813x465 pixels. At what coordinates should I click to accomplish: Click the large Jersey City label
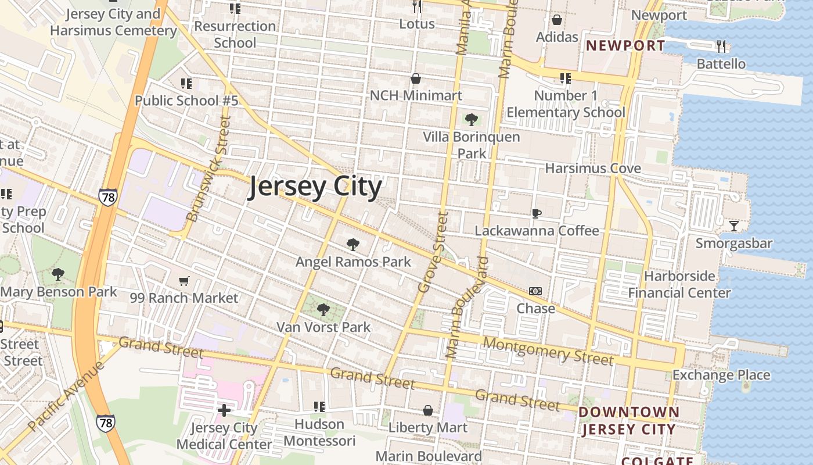point(315,187)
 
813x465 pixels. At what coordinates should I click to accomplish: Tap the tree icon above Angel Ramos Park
point(352,244)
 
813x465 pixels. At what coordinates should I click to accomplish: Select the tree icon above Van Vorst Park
point(323,309)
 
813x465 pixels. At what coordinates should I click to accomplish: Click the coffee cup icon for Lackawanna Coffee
point(537,213)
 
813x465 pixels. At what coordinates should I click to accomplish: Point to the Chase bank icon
point(535,291)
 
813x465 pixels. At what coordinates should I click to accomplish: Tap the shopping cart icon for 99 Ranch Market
point(184,281)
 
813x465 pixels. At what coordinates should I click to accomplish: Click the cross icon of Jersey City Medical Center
point(224,410)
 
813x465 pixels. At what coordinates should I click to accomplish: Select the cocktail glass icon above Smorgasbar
point(734,226)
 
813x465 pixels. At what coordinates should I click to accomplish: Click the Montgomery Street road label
point(548,351)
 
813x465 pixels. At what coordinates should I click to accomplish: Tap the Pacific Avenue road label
point(66,396)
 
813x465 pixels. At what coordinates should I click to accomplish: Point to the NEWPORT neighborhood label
point(625,46)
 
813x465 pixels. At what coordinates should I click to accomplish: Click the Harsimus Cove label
point(593,169)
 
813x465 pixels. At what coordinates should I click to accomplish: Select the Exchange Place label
point(721,375)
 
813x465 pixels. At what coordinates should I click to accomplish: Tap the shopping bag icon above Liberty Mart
point(428,410)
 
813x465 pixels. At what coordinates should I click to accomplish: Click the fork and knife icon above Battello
point(721,46)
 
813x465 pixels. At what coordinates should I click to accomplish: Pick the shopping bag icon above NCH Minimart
point(416,78)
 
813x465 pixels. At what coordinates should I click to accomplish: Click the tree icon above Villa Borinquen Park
point(472,120)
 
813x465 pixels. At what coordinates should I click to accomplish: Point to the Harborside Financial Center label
point(679,284)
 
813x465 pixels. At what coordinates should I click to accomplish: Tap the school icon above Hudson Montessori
point(319,406)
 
